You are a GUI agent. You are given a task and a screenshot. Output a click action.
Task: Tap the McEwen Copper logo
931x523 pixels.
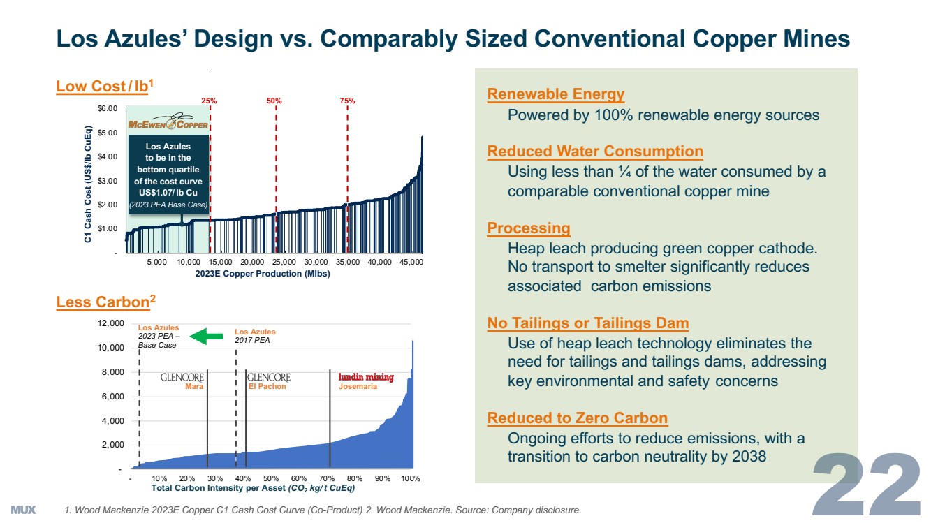pos(168,124)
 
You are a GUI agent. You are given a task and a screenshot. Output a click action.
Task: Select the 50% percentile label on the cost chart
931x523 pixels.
pos(274,101)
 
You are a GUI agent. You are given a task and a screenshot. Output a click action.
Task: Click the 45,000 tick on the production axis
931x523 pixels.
pos(411,262)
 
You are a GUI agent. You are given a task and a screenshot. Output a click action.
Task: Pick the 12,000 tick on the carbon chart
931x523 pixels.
pos(111,323)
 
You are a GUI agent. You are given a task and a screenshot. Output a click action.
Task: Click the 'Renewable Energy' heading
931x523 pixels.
pos(556,94)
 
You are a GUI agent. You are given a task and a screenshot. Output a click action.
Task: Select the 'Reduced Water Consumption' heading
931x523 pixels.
pos(595,152)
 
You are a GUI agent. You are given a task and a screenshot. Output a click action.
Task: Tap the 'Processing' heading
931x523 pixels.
pos(529,228)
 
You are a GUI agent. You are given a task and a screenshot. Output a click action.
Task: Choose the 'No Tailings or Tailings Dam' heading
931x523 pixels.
pos(588,323)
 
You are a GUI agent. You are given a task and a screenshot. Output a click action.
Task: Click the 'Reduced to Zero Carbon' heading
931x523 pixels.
pos(578,418)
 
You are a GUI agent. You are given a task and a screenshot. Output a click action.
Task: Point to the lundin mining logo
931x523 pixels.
pos(366,377)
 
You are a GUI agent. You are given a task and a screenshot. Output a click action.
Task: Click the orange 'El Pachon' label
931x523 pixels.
pos(267,386)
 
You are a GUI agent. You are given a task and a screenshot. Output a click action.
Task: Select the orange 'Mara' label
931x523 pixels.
pos(194,386)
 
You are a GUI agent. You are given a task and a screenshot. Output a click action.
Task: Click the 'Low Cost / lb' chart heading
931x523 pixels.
pos(105,86)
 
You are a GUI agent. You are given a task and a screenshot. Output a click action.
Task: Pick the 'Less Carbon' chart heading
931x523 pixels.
pos(105,302)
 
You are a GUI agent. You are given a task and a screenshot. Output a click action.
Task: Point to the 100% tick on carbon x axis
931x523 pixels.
pos(411,479)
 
